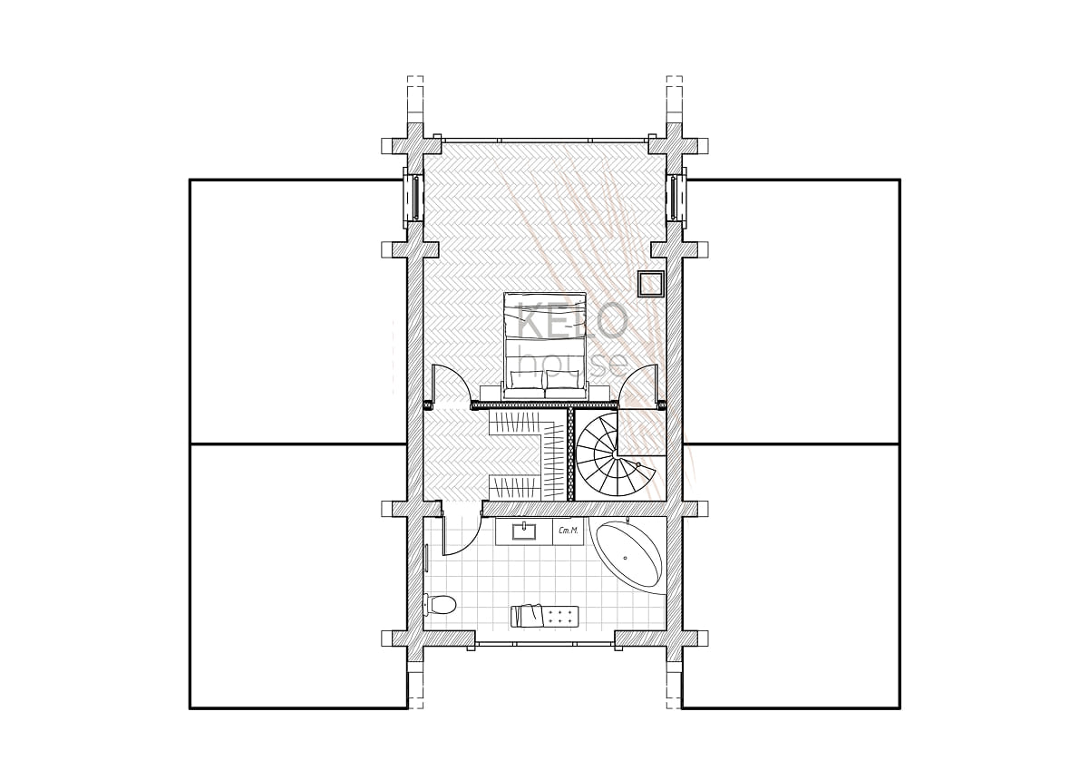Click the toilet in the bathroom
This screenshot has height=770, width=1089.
(x=440, y=605)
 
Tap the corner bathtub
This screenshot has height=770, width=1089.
(x=629, y=555)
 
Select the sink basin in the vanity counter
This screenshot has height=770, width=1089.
(x=525, y=531)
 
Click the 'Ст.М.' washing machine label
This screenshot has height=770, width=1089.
(x=569, y=531)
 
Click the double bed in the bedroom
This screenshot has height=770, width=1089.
(x=544, y=346)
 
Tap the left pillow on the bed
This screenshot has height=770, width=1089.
(x=525, y=379)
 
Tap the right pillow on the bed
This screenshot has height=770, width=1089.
(x=562, y=379)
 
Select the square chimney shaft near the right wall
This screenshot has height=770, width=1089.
(x=651, y=284)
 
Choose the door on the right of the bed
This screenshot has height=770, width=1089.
(x=641, y=385)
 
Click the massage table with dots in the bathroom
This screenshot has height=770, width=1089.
(x=544, y=617)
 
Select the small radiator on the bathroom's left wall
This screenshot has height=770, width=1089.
(x=426, y=558)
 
